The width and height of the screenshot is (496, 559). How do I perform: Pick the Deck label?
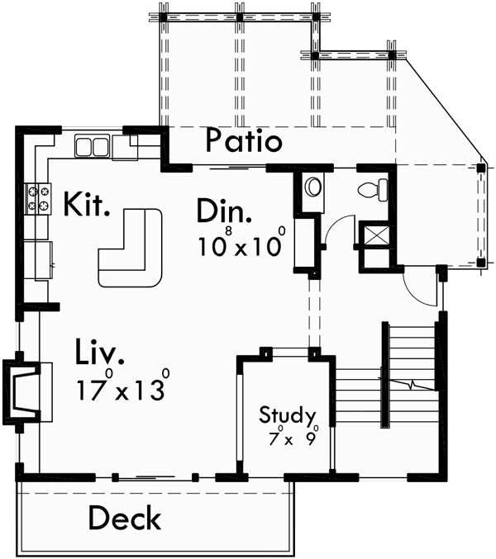pyautogui.click(x=125, y=519)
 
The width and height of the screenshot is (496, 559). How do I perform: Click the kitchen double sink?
pyautogui.click(x=93, y=147)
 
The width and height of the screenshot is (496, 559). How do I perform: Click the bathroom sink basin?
pyautogui.click(x=312, y=187)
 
